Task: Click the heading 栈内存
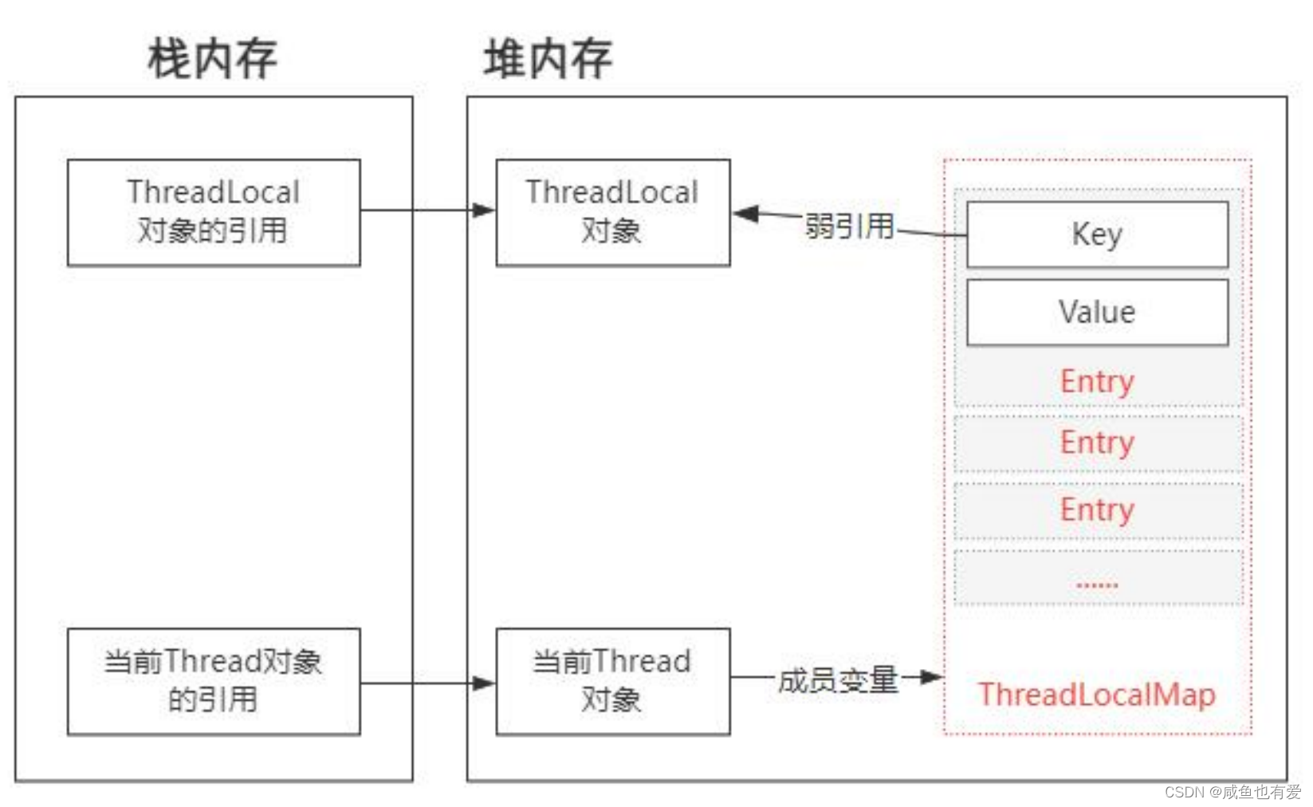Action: [x=212, y=58]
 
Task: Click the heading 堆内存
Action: [x=548, y=58]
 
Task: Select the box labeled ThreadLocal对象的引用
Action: [x=214, y=212]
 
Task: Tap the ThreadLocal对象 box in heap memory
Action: [x=612, y=212]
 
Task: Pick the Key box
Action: [x=1097, y=234]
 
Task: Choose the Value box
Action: [x=1097, y=312]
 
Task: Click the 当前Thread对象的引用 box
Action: [x=214, y=681]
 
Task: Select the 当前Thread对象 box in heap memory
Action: [x=612, y=681]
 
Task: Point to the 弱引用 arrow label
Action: [x=849, y=226]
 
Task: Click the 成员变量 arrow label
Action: [x=838, y=679]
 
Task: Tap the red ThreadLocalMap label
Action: [x=1097, y=695]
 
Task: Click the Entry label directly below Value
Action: [x=1097, y=381]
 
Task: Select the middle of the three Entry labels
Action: [x=1097, y=443]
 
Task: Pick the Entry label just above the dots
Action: [x=1097, y=510]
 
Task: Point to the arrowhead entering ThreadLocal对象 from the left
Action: [x=483, y=211]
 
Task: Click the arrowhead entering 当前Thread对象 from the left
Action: [x=483, y=683]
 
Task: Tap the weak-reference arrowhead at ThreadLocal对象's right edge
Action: [x=745, y=214]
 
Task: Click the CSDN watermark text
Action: [x=1232, y=792]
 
